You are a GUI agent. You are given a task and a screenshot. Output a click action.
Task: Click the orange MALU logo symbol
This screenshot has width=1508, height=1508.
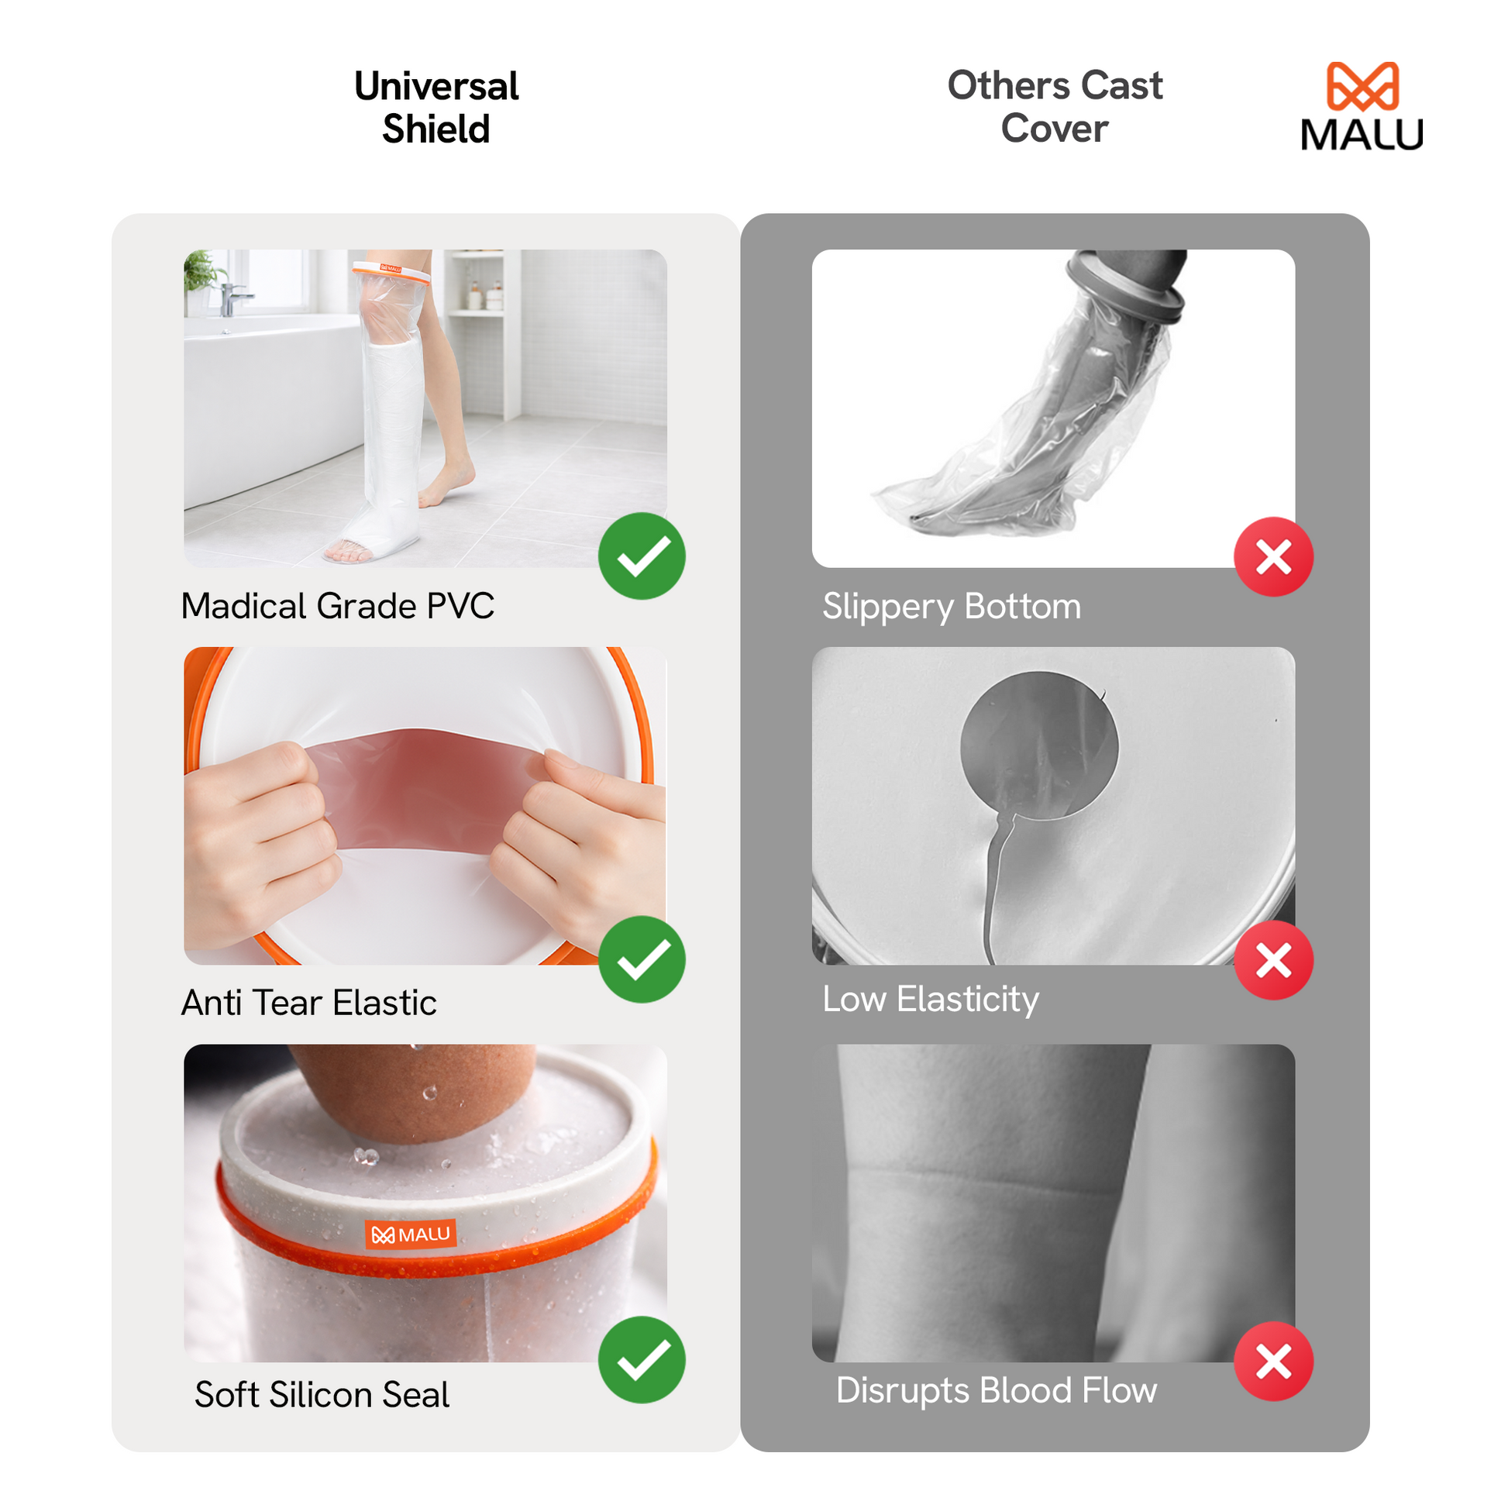coord(1362,86)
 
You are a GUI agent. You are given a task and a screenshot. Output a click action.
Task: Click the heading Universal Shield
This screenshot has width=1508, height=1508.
coord(436,108)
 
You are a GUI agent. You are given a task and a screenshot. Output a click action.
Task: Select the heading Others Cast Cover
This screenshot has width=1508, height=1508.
coord(1055,107)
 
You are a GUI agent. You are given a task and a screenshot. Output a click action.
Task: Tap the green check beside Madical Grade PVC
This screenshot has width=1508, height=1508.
coord(642,556)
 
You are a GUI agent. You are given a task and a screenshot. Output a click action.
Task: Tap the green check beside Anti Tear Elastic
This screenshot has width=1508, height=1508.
coord(642,959)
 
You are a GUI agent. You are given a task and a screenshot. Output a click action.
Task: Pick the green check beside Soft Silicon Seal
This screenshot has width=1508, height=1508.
coord(642,1360)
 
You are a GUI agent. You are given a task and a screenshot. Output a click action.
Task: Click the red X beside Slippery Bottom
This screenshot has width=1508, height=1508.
coord(1274,556)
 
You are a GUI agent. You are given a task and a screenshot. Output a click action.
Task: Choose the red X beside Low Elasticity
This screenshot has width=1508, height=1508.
coord(1274,960)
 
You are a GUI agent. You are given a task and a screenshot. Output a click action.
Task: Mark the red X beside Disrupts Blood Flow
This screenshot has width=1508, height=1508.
coord(1274,1362)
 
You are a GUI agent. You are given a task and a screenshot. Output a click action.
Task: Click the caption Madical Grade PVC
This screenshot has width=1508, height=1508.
coord(338,606)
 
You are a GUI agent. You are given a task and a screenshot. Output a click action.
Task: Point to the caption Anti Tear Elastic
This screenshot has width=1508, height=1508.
coord(309,1003)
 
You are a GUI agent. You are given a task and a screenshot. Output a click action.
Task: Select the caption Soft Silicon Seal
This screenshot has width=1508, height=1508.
coord(322,1394)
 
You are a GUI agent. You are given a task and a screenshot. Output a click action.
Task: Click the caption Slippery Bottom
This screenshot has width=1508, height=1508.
coord(952,608)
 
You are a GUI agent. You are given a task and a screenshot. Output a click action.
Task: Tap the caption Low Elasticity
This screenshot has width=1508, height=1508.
coord(931,1000)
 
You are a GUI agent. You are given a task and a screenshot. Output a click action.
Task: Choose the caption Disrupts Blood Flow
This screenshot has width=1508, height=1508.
coord(997,1390)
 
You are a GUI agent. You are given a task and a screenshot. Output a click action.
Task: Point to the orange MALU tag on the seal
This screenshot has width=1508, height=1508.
coord(411,1234)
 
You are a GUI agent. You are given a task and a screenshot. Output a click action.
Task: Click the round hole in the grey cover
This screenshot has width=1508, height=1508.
coord(1039,745)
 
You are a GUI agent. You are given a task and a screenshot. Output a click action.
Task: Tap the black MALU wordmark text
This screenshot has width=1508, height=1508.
coord(1362,134)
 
